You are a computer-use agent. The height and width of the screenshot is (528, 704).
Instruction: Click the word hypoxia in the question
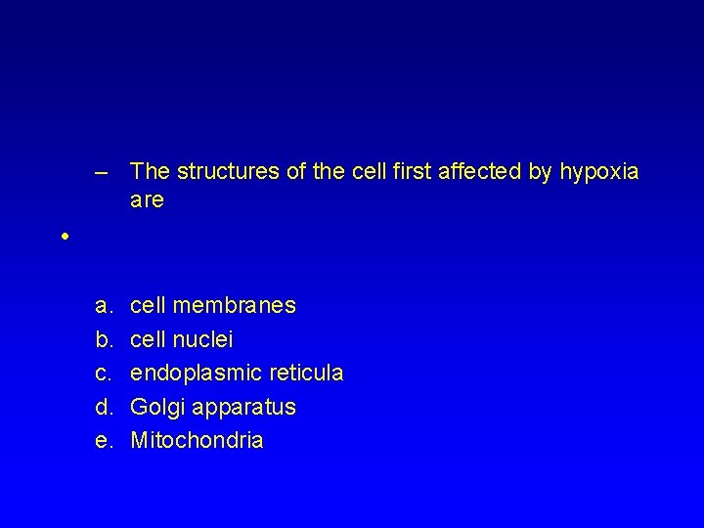(601, 173)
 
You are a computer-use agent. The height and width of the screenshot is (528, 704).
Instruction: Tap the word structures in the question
(210, 173)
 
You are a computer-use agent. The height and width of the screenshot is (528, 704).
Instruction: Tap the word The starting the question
(149, 173)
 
